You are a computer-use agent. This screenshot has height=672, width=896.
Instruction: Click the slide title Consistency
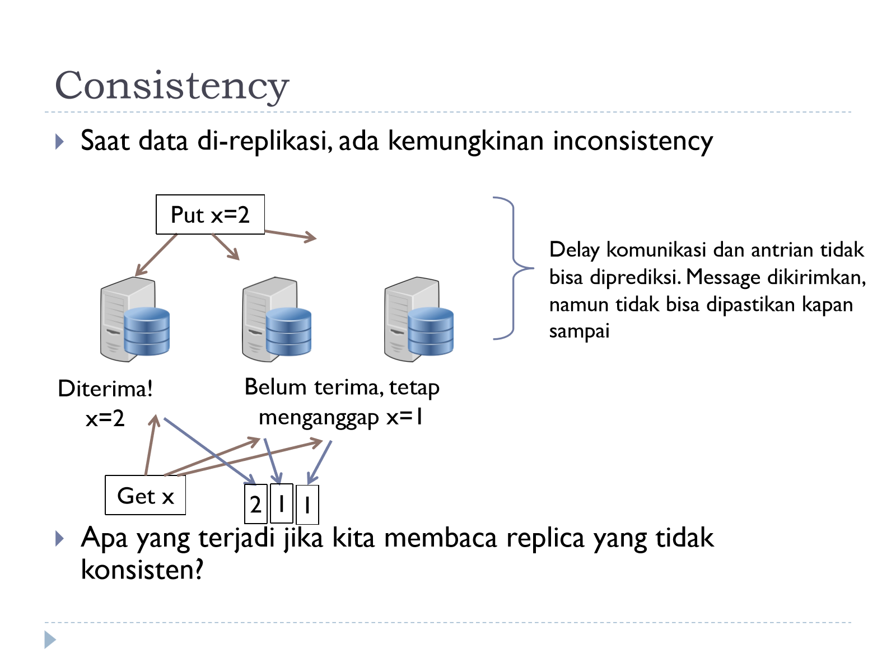coord(172,86)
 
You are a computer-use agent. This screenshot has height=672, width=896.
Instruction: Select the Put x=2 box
coord(210,214)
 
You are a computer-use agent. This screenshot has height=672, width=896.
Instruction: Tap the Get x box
coord(145,496)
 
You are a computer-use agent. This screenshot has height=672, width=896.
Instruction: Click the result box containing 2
coord(256,505)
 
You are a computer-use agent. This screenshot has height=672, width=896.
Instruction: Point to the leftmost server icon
coord(135,319)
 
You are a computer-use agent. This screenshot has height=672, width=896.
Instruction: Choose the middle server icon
coord(277,319)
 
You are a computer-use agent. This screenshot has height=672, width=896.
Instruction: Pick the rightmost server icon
coord(419,319)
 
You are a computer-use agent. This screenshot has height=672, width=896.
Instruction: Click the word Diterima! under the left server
coord(105,389)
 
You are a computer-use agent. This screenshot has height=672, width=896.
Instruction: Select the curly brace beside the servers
coord(513,268)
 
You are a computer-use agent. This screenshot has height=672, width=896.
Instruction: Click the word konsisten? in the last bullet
coord(142,570)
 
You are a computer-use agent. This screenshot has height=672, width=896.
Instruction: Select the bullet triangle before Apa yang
coord(59,539)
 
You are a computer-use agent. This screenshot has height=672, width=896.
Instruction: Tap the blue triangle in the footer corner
coord(50,640)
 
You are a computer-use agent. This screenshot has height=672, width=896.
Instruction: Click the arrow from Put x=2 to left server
coord(156,255)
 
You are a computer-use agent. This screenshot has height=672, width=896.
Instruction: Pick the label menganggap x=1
coord(341,418)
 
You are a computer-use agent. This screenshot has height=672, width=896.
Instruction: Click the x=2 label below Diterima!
coord(105,418)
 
